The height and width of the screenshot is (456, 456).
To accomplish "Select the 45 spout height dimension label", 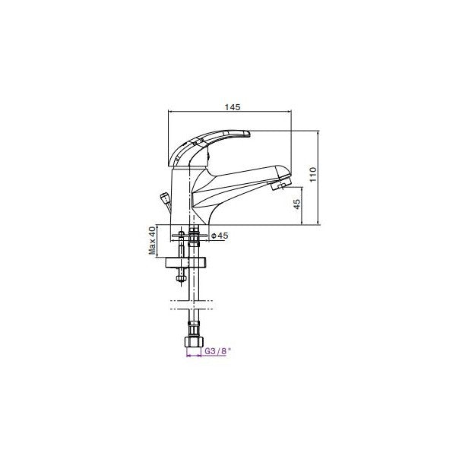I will pyautogui.click(x=297, y=203).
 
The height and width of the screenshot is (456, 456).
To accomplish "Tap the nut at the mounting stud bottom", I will pyautogui.click(x=180, y=278).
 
